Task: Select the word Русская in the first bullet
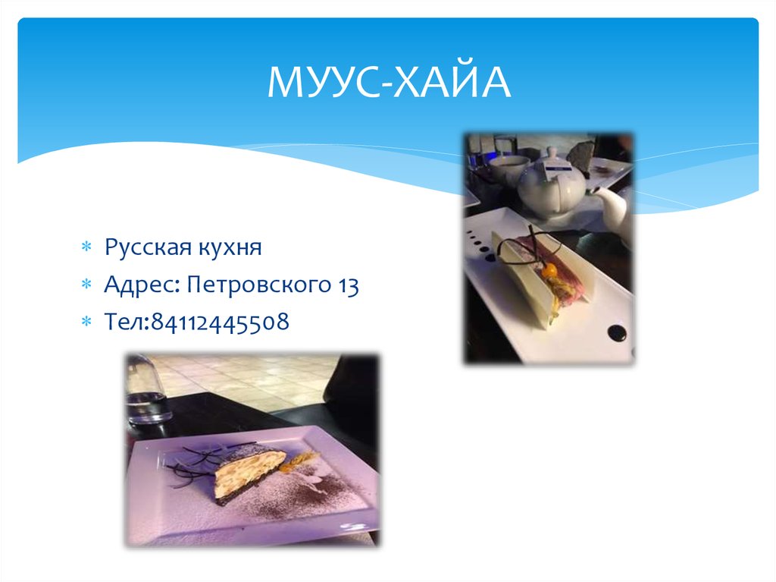pyautogui.click(x=145, y=247)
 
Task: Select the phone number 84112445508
pyautogui.click(x=220, y=322)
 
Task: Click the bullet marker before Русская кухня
pyautogui.click(x=86, y=248)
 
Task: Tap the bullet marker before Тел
pyautogui.click(x=86, y=323)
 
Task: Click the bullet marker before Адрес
pyautogui.click(x=86, y=286)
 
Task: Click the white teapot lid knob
pyautogui.click(x=551, y=154)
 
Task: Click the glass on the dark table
pyautogui.click(x=147, y=391)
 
